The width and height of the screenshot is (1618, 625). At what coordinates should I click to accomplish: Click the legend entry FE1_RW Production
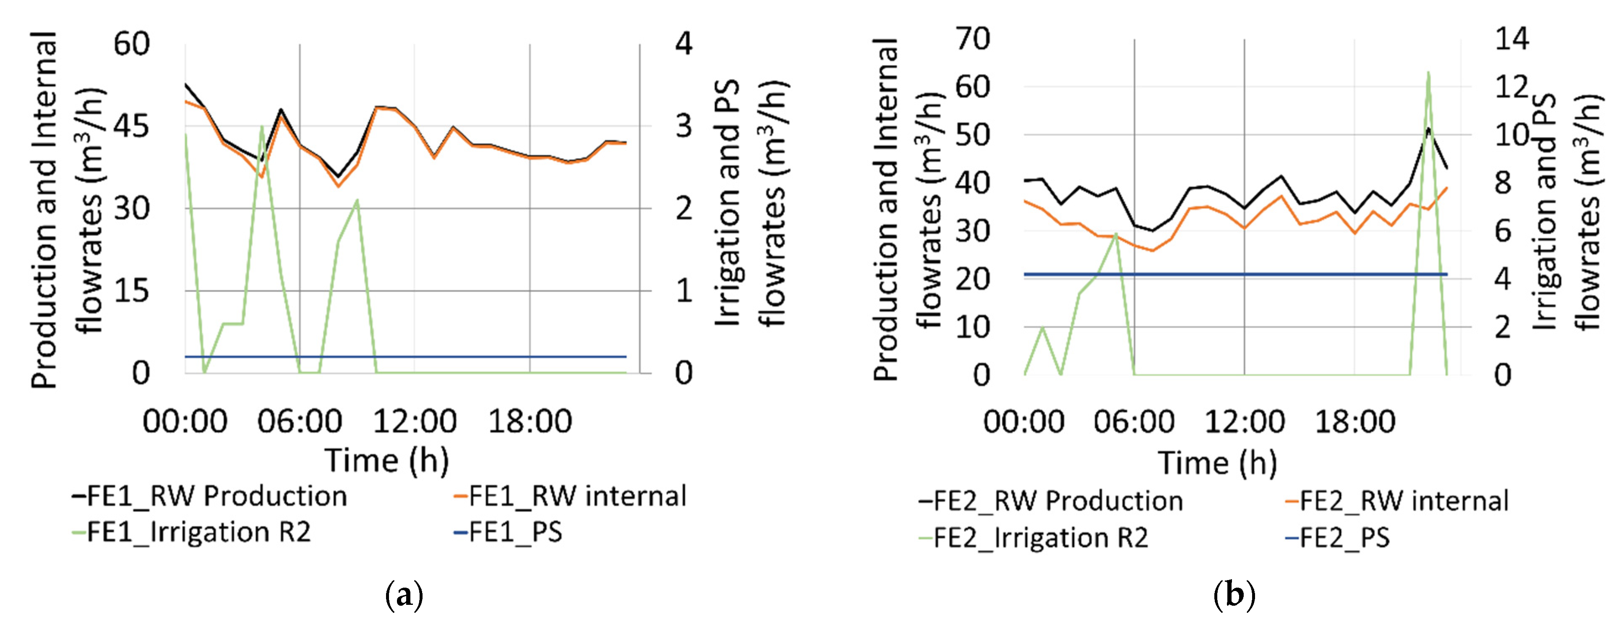(210, 496)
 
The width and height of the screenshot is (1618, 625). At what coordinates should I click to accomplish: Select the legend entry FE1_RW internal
(570, 496)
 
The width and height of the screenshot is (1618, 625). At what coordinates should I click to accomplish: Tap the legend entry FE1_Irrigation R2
(192, 532)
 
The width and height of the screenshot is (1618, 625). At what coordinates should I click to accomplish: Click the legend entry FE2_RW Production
(1051, 501)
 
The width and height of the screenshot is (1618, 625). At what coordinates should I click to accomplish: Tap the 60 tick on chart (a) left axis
(131, 44)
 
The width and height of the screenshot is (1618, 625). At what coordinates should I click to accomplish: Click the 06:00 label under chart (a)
(300, 421)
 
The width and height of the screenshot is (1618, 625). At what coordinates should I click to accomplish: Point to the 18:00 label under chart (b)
(1355, 421)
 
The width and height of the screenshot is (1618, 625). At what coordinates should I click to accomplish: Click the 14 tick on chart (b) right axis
(1512, 39)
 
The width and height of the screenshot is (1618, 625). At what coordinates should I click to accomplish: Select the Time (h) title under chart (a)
(386, 460)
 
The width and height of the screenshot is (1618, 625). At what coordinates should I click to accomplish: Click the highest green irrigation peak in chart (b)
(1428, 73)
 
